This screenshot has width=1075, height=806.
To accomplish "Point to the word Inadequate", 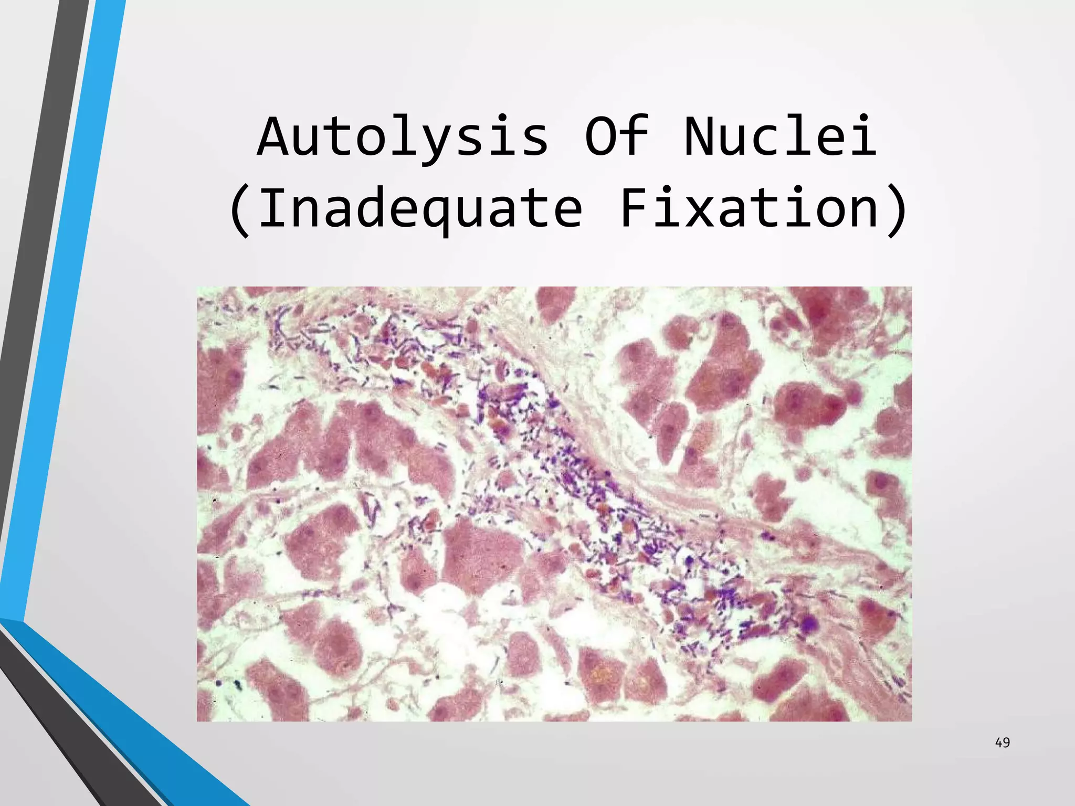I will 420,209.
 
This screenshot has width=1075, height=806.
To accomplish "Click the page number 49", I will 1002,743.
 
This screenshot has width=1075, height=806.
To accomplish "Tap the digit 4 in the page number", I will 998,743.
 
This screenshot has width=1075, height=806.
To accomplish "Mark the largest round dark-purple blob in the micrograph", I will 808,623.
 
